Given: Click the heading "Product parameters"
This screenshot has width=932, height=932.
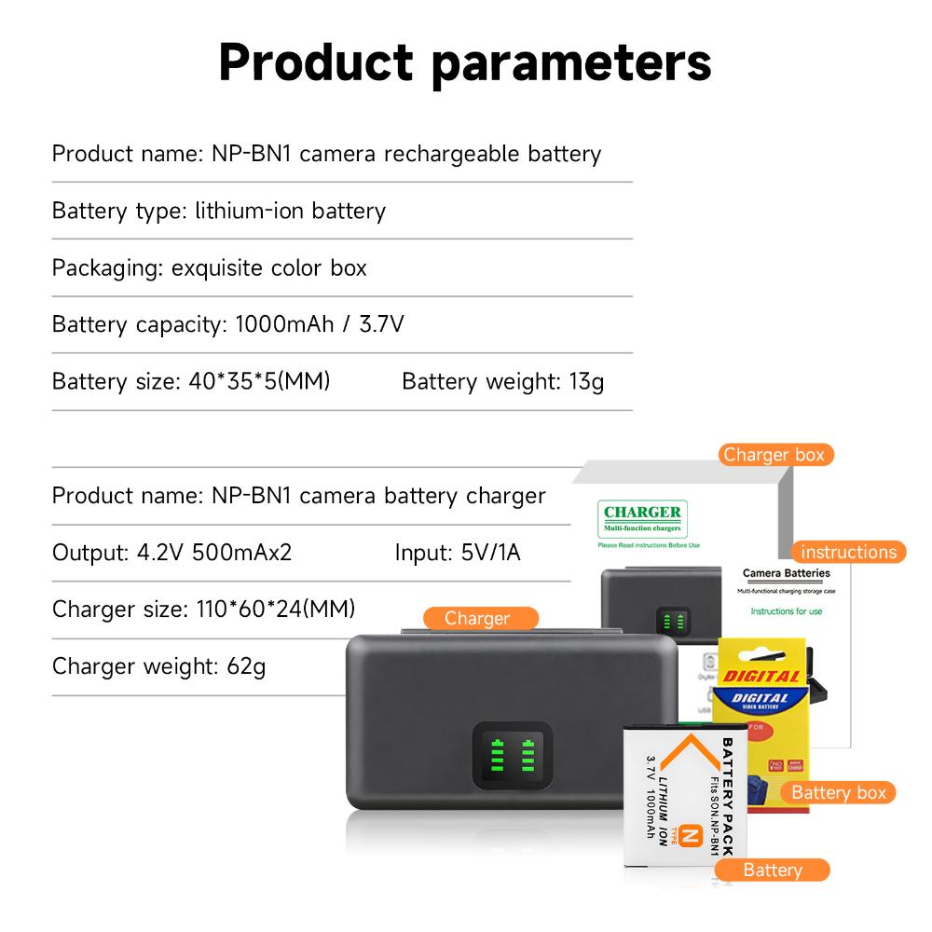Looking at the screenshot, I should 465,62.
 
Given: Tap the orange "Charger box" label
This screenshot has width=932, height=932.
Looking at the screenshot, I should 774,455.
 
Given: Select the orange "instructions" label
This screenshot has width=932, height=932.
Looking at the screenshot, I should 848,552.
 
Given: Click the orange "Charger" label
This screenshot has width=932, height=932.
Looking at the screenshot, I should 477,618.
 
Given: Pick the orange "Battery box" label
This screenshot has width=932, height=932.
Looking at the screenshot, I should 838,792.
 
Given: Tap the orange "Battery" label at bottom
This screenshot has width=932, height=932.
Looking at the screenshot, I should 772,870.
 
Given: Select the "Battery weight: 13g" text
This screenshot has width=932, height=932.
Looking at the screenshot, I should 502,381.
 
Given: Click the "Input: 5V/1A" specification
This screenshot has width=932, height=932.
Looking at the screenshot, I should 457,552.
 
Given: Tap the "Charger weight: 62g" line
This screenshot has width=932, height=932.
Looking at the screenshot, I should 158,666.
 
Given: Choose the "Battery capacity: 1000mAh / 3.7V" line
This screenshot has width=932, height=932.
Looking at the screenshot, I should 227,324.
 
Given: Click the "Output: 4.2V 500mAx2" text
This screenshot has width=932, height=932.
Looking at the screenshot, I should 171,552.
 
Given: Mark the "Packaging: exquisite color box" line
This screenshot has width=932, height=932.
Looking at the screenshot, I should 209,267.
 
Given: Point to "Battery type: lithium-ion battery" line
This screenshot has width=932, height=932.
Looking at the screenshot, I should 218,211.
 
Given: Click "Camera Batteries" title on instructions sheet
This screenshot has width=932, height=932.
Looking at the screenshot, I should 786,573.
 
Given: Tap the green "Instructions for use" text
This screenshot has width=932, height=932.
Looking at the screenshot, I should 787,612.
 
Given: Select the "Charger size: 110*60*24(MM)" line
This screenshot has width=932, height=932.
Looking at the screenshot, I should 203,610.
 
